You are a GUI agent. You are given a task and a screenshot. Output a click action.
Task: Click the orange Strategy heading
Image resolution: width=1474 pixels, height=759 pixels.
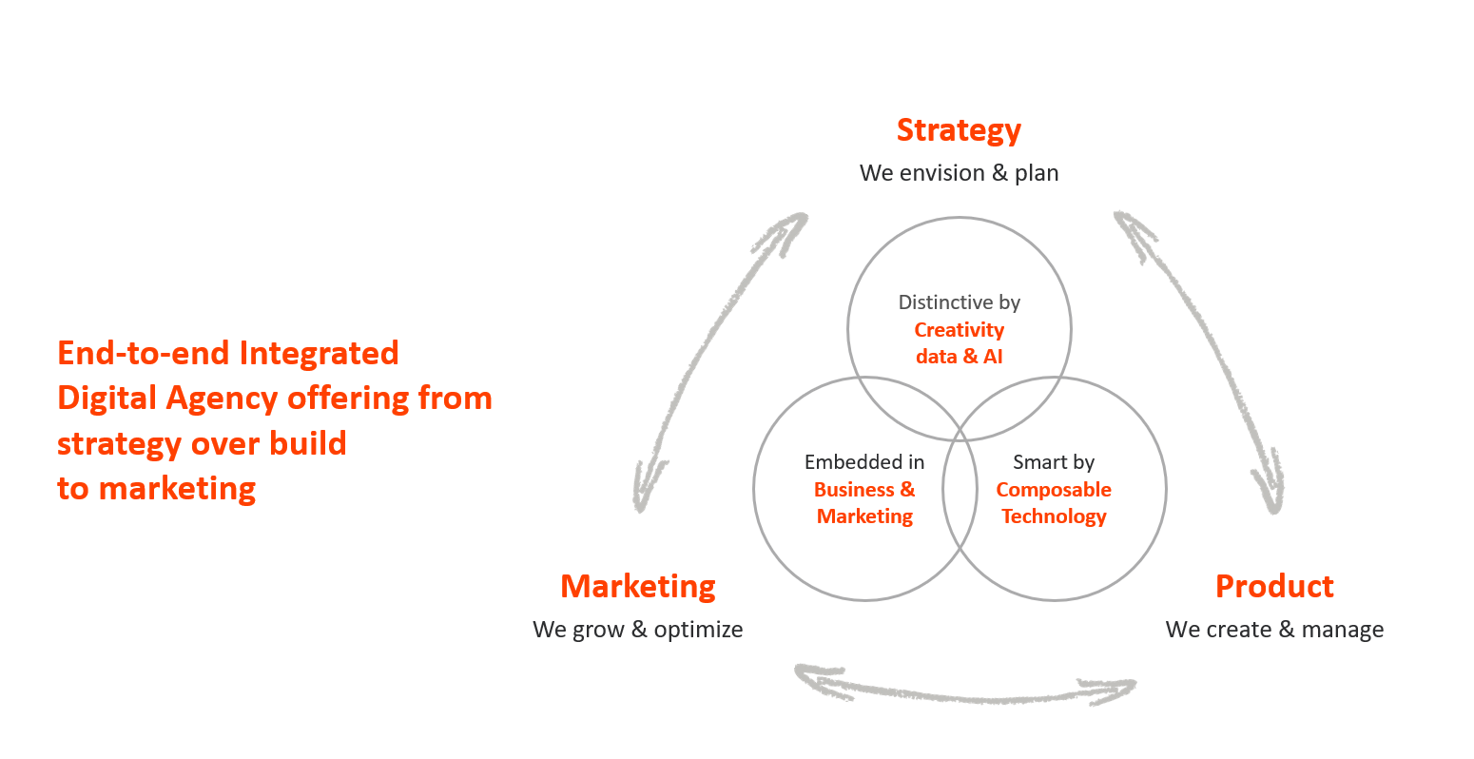pyautogui.click(x=959, y=130)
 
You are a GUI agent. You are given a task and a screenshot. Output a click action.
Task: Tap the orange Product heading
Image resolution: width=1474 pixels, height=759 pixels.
pyautogui.click(x=1274, y=586)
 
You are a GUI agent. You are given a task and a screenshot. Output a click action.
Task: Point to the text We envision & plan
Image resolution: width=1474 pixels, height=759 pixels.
pyautogui.click(x=959, y=173)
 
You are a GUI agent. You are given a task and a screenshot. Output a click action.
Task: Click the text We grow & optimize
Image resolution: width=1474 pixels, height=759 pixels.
pyautogui.click(x=637, y=630)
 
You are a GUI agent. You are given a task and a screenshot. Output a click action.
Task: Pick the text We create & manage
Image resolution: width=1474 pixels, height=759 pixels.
pyautogui.click(x=1274, y=630)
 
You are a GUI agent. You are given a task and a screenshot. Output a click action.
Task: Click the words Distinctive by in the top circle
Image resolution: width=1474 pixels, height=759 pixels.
pyautogui.click(x=959, y=302)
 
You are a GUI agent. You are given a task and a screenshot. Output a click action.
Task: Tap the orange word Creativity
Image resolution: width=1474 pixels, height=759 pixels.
pyautogui.click(x=959, y=330)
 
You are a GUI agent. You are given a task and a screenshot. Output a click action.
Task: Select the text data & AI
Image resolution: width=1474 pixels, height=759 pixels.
pyautogui.click(x=959, y=357)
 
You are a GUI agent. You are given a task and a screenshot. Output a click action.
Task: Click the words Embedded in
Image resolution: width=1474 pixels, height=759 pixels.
pyautogui.click(x=863, y=462)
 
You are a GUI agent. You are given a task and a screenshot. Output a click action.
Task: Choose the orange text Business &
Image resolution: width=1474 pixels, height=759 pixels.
pyautogui.click(x=863, y=490)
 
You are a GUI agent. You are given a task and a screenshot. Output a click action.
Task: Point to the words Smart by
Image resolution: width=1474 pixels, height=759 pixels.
pyautogui.click(x=1054, y=462)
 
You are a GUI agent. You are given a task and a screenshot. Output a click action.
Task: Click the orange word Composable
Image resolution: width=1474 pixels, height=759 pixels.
pyautogui.click(x=1054, y=490)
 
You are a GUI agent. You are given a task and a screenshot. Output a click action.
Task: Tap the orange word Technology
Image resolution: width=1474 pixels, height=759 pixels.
pyautogui.click(x=1054, y=516)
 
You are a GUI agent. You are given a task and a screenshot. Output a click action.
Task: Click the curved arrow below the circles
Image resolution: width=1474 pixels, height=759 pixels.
pyautogui.click(x=965, y=689)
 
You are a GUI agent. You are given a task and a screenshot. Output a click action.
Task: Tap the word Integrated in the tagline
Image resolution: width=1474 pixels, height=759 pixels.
pyautogui.click(x=319, y=353)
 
